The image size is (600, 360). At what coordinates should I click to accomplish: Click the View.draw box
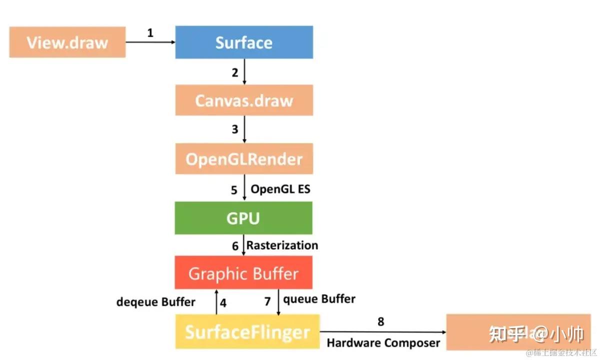coord(67,42)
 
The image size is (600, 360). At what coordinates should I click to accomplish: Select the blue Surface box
coord(244,42)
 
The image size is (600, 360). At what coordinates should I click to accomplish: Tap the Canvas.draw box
coord(244,100)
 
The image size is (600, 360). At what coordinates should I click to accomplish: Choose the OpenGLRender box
coord(244,159)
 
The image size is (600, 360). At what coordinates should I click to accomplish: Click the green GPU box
coord(243,218)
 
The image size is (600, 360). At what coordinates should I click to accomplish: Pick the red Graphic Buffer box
coord(243,273)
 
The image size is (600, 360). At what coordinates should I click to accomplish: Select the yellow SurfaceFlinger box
coord(247,331)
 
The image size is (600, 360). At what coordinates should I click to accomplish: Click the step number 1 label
coord(150,33)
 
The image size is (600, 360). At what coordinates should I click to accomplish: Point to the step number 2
coord(235,72)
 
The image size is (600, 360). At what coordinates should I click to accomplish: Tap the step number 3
coord(235,130)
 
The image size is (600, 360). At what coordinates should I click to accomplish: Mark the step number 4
coord(223,303)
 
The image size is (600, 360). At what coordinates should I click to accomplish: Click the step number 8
coord(380,321)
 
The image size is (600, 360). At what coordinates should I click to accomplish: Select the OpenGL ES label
coord(280,189)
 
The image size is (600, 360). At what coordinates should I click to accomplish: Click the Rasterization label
coord(282,245)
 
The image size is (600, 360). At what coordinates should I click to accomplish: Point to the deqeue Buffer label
coord(155,302)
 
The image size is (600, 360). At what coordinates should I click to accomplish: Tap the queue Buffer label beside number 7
coord(319,299)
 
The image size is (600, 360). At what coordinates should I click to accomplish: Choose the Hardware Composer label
coord(383,343)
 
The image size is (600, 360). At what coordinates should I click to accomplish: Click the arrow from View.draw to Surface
coord(150,42)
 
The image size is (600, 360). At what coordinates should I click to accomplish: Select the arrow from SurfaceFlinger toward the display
coord(382,331)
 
